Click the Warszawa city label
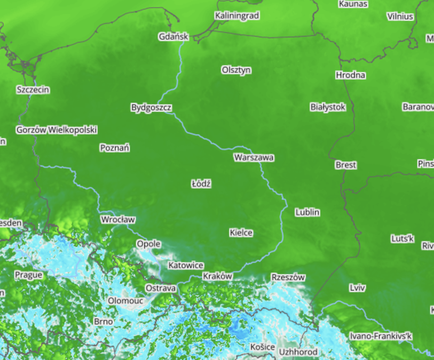tap(254, 158)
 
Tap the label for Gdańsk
tap(173, 37)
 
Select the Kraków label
tap(217, 276)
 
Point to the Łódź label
tap(201, 184)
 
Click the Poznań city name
tap(115, 148)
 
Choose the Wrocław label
tap(118, 220)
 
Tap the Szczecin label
tap(33, 90)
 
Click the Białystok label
tap(328, 107)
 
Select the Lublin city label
tap(307, 212)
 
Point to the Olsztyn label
tap(236, 70)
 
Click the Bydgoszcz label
tap(151, 108)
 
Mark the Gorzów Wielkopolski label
tap(57, 130)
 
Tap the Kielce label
tap(241, 233)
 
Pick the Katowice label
tap(186, 265)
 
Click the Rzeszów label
tap(288, 277)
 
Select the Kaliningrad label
tap(237, 16)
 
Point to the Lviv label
tap(357, 288)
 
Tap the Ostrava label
tap(161, 288)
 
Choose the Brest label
tap(345, 165)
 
